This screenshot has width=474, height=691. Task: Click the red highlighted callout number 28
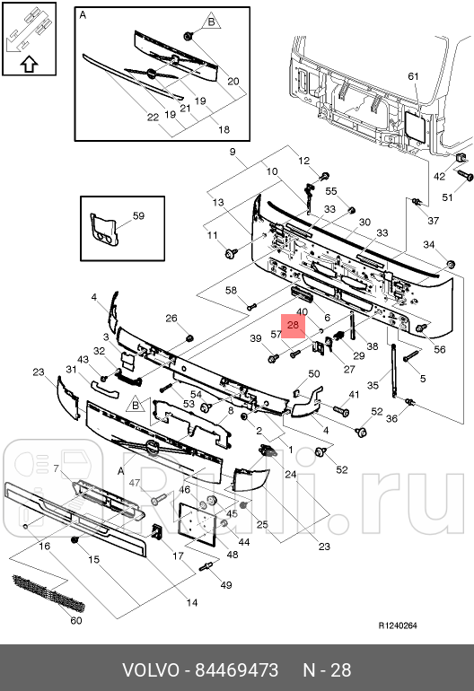pos(294,326)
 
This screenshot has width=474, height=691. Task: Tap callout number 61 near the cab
pos(413,76)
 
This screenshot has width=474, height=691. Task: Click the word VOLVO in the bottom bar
pos(150,670)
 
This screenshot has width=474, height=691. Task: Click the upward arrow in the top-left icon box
pos(28,64)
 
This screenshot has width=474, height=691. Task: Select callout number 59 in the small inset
pos(138,215)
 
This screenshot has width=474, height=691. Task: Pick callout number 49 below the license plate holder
pos(225,585)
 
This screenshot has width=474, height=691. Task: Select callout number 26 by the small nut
pos(171,318)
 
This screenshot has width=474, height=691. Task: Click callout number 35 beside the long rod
pos(373,387)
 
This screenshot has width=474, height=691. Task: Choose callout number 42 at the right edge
pos(440,177)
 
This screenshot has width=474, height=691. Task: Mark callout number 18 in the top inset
pos(224,129)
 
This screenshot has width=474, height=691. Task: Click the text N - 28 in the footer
pos(326,670)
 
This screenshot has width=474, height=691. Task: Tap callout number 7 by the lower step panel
pos(56,469)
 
